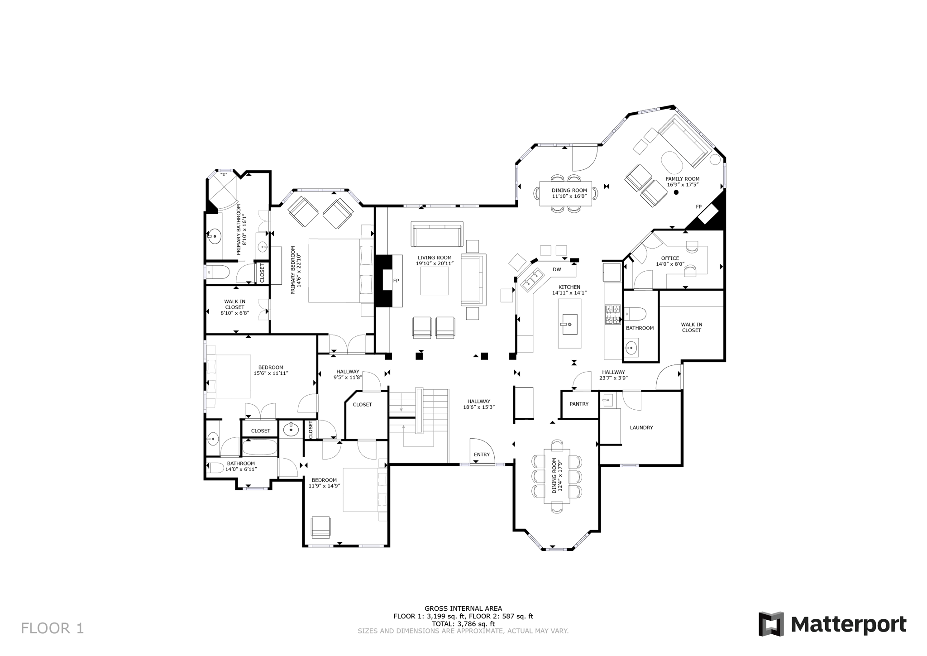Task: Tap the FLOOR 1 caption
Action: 53,628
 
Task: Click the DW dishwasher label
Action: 557,269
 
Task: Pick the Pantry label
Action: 579,404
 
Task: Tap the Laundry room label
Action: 641,427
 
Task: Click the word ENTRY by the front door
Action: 482,455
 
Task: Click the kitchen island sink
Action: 569,324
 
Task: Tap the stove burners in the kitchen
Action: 613,315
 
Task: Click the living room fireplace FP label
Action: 396,281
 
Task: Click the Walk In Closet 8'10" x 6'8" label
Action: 235,307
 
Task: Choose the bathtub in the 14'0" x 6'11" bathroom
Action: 259,447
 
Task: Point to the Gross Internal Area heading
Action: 463,608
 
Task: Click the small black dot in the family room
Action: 676,192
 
